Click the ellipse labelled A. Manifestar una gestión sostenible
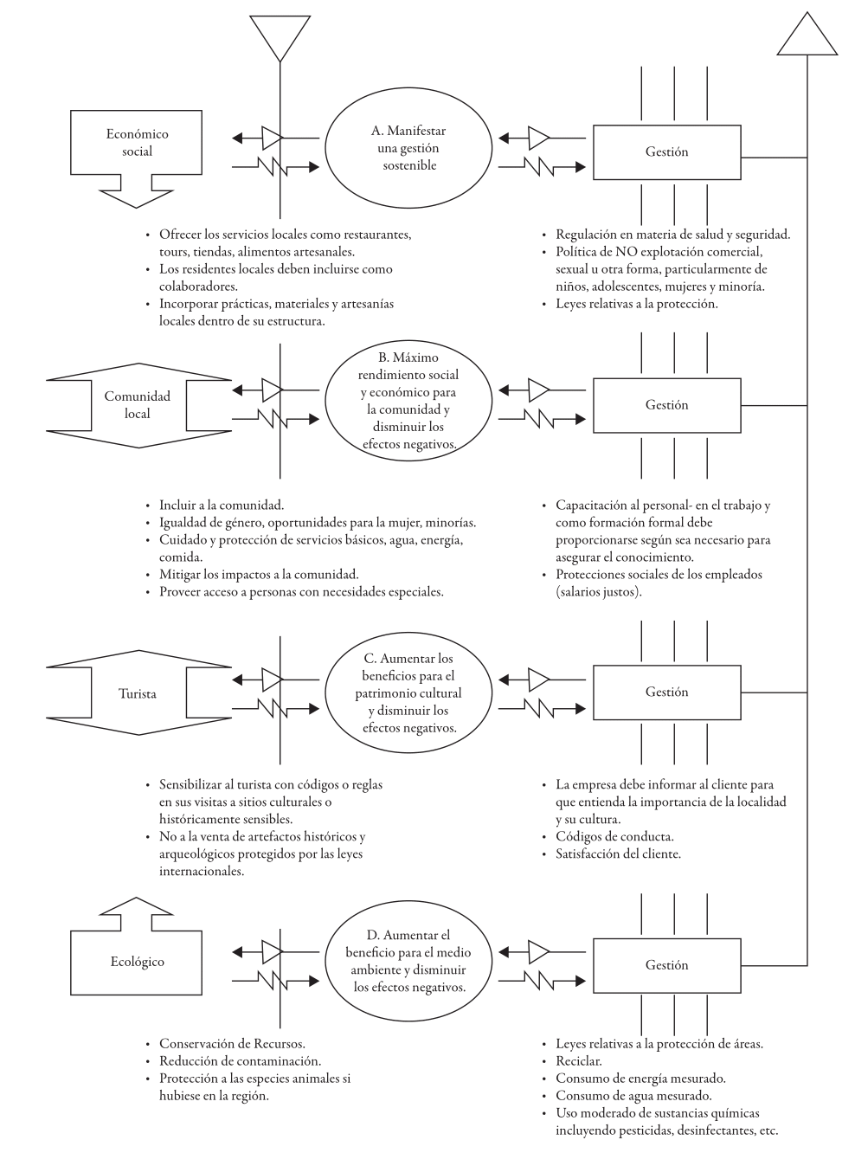[x=408, y=148]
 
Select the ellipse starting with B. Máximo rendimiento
[x=408, y=400]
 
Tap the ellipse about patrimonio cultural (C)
[x=408, y=692]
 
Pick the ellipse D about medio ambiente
[x=408, y=961]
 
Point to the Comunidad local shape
[x=137, y=404]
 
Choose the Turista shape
[x=137, y=693]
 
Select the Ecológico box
[x=137, y=962]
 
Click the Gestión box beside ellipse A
[x=666, y=152]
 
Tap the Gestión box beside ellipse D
[x=666, y=965]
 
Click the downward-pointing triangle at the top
[x=280, y=35]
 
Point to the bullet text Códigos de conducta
[x=614, y=836]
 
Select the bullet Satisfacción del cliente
[x=618, y=853]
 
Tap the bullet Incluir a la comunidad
[x=222, y=505]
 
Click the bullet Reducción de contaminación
[x=240, y=1060]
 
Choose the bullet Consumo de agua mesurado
[x=633, y=1095]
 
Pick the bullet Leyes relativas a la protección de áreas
[x=659, y=1043]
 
